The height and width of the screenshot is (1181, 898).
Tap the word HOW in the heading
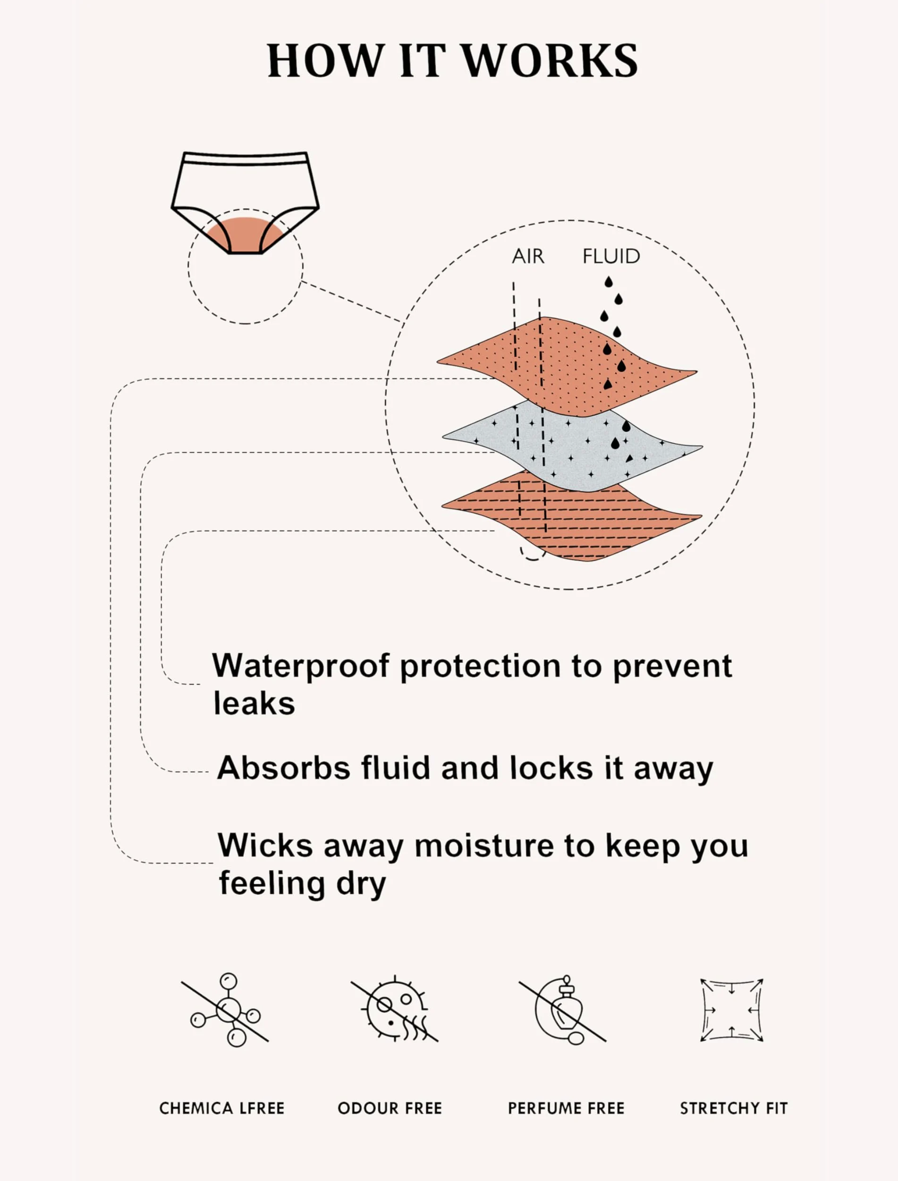point(325,60)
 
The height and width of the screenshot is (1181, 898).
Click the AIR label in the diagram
point(528,257)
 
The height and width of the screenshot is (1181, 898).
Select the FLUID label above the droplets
point(611,257)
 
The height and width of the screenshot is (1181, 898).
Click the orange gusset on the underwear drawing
point(246,235)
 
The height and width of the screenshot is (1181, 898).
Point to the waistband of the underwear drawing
point(246,159)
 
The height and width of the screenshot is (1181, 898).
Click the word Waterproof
point(301,667)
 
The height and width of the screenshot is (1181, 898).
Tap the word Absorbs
point(284,768)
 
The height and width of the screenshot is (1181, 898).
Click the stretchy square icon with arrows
point(732,1010)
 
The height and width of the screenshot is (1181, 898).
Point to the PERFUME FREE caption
point(566,1109)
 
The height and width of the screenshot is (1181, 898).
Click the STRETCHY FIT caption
point(734,1109)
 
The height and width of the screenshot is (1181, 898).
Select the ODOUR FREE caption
point(390,1109)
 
